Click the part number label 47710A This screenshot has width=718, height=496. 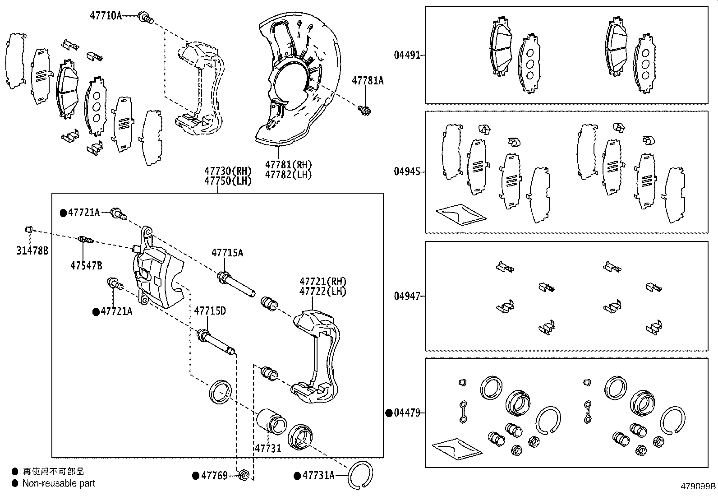point(106,16)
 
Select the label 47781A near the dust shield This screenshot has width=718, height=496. point(368,81)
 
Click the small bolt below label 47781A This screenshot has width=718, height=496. point(364,109)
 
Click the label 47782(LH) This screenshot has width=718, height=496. point(288,175)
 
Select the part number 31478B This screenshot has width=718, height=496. point(32,251)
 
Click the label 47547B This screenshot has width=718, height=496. point(86,266)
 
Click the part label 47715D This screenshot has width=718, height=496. point(210,311)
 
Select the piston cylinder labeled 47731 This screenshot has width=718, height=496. point(272,422)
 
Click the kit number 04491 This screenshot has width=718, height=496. point(407,55)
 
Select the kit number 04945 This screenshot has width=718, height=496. point(407,172)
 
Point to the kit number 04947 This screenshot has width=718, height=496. point(407,296)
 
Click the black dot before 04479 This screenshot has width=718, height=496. point(389,413)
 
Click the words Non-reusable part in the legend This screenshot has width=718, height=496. point(59,483)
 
